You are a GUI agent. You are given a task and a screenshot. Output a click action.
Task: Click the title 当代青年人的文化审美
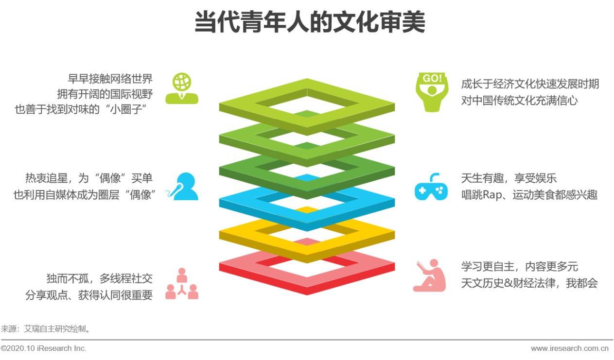tap(310, 22)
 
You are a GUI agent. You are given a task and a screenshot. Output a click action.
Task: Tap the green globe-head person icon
tap(182, 88)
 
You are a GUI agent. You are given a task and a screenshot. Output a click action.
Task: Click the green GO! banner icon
tap(432, 92)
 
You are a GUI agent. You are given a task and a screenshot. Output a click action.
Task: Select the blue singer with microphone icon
tap(182, 186)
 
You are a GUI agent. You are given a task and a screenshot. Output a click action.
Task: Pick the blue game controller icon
tap(431, 187)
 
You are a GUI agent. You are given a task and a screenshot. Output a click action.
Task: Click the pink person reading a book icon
tap(430, 275)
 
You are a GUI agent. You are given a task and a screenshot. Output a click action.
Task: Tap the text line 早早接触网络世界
tap(110, 79)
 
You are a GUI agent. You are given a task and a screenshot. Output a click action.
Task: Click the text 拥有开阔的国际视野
tap(105, 94)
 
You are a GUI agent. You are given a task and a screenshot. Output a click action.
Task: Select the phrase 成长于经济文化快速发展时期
tap(530, 84)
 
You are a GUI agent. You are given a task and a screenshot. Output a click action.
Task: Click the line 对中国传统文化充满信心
tap(519, 100)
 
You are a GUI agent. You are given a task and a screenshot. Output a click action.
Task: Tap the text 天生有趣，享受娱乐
tap(509, 178)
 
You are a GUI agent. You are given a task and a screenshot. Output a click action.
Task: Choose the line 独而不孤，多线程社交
tap(100, 279)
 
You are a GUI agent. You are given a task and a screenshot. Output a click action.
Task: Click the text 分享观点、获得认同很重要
tap(89, 295)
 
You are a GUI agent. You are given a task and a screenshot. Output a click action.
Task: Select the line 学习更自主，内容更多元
tap(519, 266)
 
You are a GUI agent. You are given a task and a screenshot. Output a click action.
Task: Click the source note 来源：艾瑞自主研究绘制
tap(46, 328)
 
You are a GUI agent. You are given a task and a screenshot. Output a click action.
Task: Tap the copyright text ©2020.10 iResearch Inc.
tap(43, 348)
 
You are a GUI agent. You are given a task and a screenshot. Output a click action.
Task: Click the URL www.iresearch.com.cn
tap(570, 348)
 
